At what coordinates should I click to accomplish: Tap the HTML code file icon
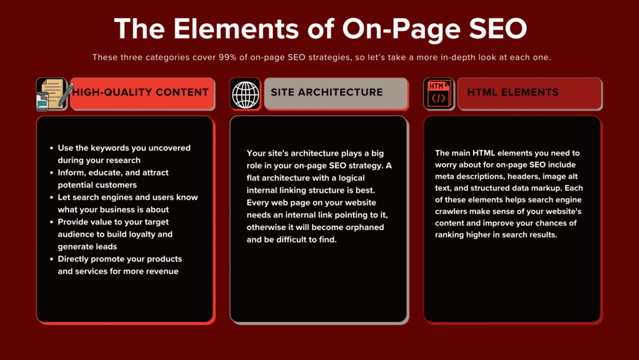click(439, 94)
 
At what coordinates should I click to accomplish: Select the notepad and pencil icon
click(52, 94)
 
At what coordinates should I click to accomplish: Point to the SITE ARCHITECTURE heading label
click(326, 92)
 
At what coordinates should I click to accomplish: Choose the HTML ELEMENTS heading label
click(512, 92)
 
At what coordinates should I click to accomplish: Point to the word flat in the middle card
click(256, 177)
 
